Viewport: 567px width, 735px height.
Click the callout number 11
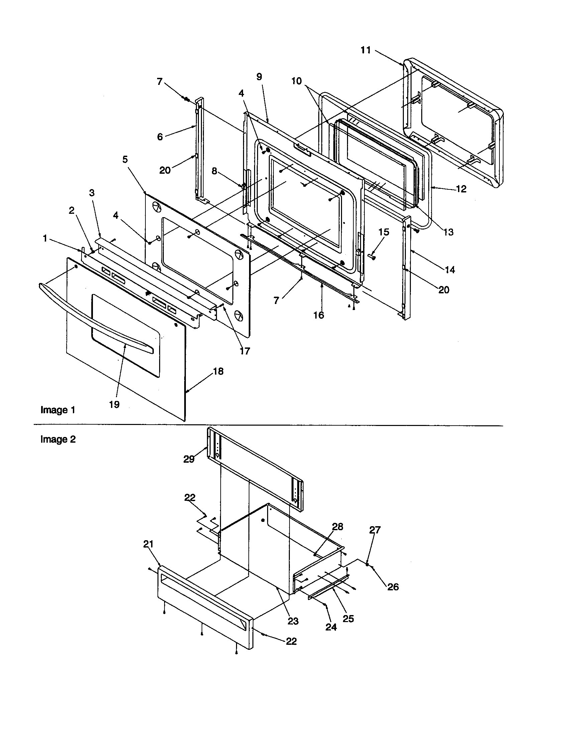[x=365, y=50]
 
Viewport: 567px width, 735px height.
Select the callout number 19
[x=114, y=404]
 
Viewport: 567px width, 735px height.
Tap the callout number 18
[x=218, y=371]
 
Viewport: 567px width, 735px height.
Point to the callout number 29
[x=189, y=459]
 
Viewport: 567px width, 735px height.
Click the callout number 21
[x=148, y=544]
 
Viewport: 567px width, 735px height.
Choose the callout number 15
[x=383, y=232]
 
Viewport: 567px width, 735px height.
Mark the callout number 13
[x=448, y=232]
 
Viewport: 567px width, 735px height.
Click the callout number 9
[x=259, y=77]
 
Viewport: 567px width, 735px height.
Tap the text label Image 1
[x=58, y=410]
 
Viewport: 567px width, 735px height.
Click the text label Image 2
[x=58, y=439]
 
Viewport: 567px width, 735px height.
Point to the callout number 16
[x=319, y=315]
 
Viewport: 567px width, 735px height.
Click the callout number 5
[x=125, y=159]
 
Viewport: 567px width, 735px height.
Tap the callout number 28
[x=337, y=527]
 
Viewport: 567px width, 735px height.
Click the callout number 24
[x=331, y=627]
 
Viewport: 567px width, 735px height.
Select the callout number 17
[x=245, y=351]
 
